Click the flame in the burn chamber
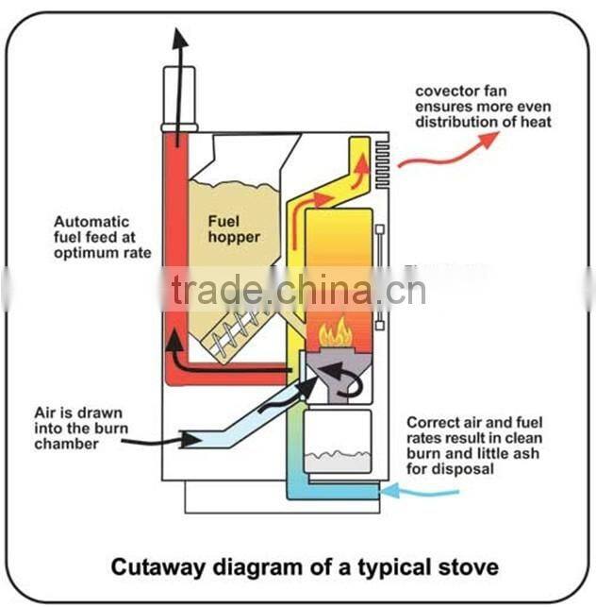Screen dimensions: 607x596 (337, 333)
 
